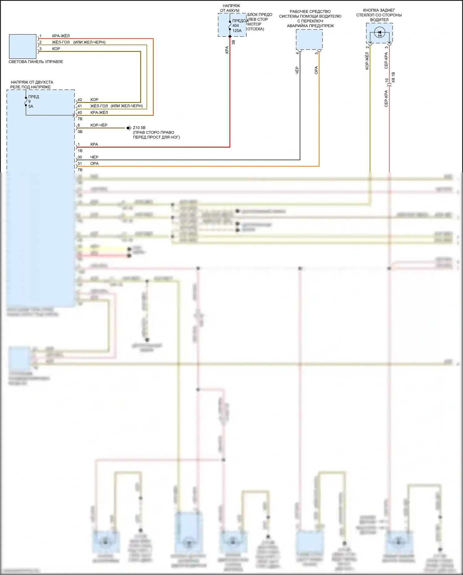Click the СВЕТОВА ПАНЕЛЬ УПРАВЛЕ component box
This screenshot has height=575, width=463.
(x=23, y=46)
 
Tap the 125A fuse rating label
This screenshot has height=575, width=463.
(x=237, y=31)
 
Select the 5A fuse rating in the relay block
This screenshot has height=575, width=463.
(x=31, y=106)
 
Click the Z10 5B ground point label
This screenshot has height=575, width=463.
(x=139, y=128)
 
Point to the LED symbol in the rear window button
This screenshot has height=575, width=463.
(x=379, y=32)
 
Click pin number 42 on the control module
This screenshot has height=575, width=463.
(x=80, y=100)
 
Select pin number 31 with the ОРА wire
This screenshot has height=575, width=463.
(x=80, y=163)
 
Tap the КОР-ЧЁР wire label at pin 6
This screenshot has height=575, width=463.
(x=99, y=125)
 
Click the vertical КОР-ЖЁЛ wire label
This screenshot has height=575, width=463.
(x=367, y=61)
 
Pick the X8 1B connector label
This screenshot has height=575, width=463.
(x=393, y=77)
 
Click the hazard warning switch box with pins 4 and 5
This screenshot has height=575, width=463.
(x=309, y=39)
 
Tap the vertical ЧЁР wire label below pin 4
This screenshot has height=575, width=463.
(x=297, y=70)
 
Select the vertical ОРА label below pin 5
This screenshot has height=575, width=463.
(x=316, y=70)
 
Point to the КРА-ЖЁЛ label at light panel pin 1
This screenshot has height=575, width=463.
(x=61, y=36)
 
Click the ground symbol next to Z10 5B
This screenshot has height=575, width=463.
(x=129, y=128)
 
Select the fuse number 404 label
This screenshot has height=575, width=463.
(x=236, y=26)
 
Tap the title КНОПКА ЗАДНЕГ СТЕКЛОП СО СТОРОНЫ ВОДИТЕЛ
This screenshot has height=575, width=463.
(x=379, y=15)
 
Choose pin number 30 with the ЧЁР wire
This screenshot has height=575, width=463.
(x=80, y=157)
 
